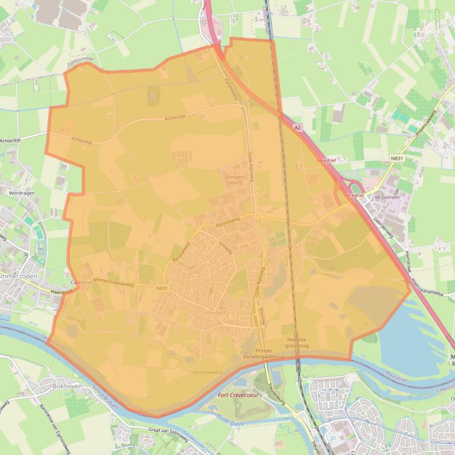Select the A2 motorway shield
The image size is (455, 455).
[297, 127]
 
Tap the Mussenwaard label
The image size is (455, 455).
[207, 372]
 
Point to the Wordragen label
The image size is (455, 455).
[22, 193]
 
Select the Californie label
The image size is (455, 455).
[81, 282]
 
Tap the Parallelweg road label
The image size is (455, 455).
[230, 89]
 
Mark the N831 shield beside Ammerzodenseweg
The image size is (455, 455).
[162, 288]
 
